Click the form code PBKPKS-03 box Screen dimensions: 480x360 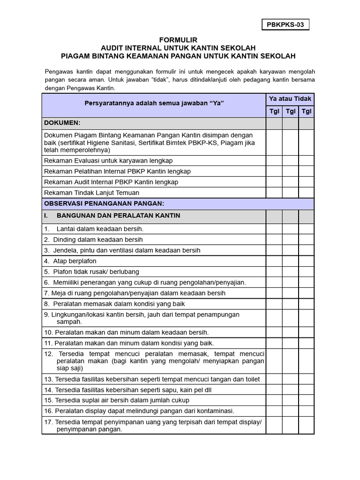[x=285, y=25]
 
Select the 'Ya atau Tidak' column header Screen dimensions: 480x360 [x=290, y=99]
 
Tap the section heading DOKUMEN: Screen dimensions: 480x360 [x=62, y=123]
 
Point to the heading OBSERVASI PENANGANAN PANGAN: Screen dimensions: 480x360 [x=104, y=204]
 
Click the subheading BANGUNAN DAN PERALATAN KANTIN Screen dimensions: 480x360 [x=118, y=216]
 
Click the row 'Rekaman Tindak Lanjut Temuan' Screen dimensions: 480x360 [x=91, y=193]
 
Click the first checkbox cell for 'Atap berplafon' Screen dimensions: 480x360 [x=274, y=261]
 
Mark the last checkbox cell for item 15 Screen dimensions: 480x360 [x=306, y=400]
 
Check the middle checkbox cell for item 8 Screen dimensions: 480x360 [x=290, y=304]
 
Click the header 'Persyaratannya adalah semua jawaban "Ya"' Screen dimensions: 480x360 [x=154, y=103]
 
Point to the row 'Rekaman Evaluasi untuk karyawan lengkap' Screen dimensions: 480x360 [x=108, y=161]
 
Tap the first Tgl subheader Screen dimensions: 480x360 [x=274, y=112]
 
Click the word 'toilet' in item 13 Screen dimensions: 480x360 [x=251, y=379]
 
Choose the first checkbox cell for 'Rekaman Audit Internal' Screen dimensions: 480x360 [x=274, y=182]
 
